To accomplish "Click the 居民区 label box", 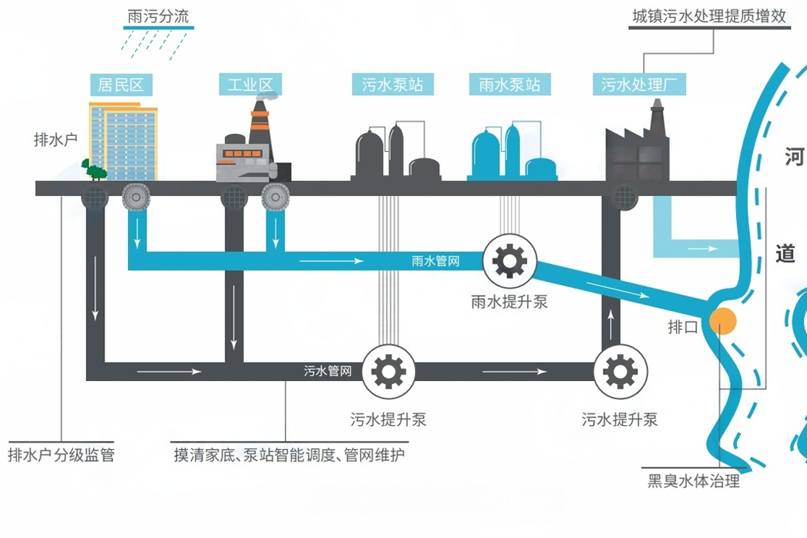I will (121, 85).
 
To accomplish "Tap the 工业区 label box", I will (249, 85).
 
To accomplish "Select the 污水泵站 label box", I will (393, 85).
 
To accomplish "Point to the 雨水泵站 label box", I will (509, 85).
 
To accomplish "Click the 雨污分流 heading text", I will (158, 17).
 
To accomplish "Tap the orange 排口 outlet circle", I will (722, 320).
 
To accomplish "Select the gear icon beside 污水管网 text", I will (388, 372).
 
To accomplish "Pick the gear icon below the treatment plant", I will (620, 372).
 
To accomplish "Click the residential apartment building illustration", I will (124, 140).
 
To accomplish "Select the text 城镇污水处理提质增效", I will (709, 17).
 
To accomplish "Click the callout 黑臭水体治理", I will (693, 481).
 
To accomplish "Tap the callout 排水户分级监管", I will (61, 455).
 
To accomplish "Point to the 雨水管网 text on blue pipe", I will (435, 260).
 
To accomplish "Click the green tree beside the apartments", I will (94, 169).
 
